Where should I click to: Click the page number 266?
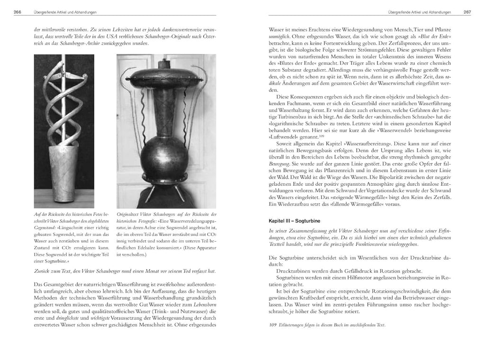pos(17,12)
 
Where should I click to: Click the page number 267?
pos(467,12)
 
